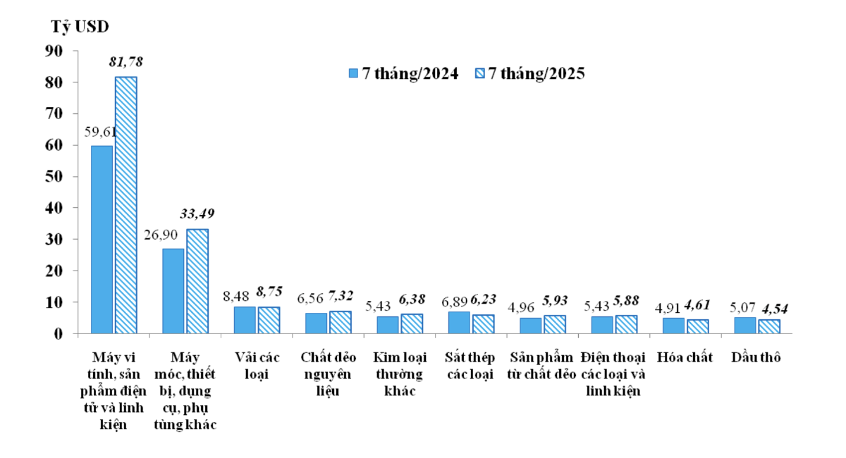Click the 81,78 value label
(x=125, y=63)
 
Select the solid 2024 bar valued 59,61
(x=102, y=239)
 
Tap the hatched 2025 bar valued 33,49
(x=197, y=280)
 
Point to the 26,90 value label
(x=160, y=235)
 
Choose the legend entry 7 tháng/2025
(x=537, y=73)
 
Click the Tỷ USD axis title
(x=80, y=27)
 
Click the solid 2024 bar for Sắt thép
(x=459, y=322)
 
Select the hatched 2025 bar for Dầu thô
(x=768, y=326)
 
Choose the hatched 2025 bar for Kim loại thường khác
(x=412, y=323)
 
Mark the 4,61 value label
(x=697, y=304)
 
